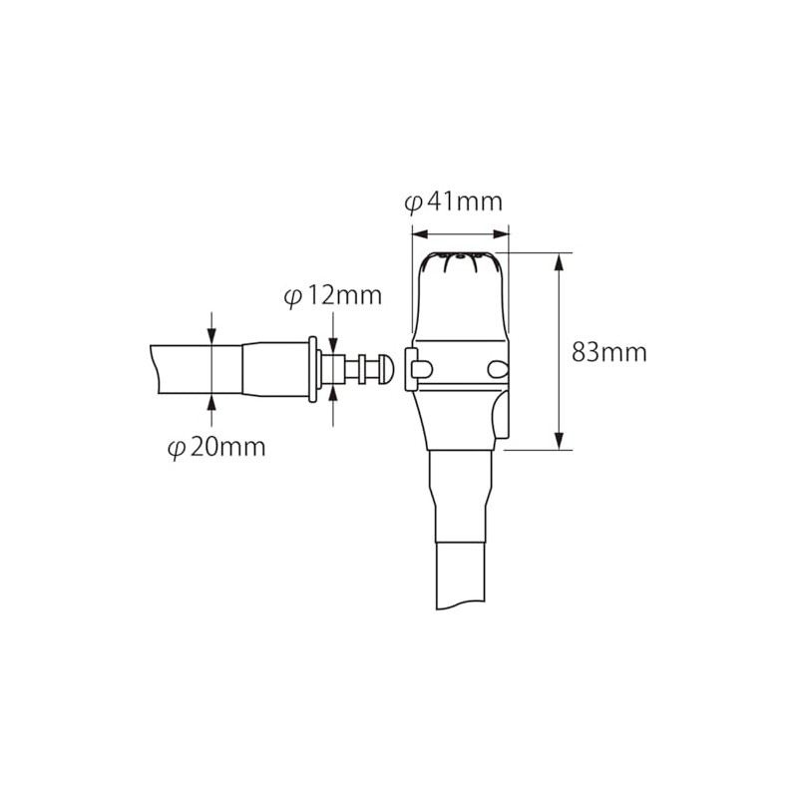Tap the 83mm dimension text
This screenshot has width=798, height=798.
click(x=609, y=352)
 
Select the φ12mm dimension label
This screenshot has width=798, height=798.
click(x=332, y=296)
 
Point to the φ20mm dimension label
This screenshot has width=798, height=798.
click(x=215, y=447)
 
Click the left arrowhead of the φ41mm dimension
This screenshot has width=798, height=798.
click(x=417, y=235)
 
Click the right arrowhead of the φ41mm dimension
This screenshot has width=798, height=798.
click(x=504, y=235)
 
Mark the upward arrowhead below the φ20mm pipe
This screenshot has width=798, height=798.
click(x=212, y=400)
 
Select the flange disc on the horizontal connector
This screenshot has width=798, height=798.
click(x=315, y=369)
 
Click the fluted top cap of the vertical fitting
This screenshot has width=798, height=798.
click(x=462, y=264)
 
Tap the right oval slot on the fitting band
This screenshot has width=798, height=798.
click(x=497, y=368)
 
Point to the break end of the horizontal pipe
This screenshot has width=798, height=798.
click(x=155, y=370)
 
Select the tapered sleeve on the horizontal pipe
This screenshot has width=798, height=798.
click(x=273, y=370)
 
